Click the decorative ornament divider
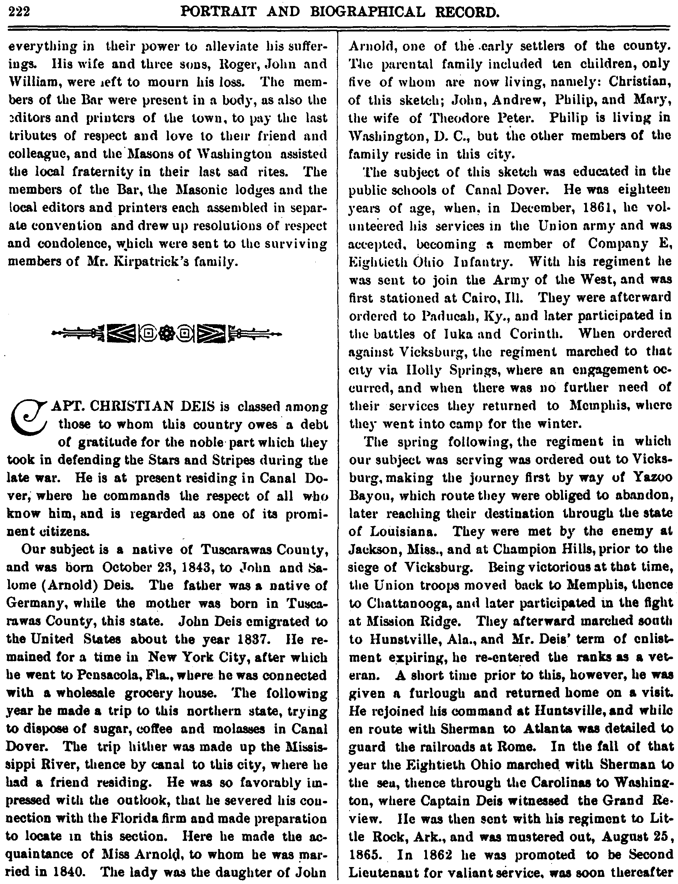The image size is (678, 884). click(x=167, y=334)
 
